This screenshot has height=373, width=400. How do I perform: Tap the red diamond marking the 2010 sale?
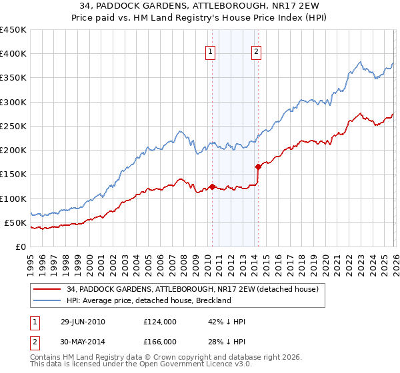212,186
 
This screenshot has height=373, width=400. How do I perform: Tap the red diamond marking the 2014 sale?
258,167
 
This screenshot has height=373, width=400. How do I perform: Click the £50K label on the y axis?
16,222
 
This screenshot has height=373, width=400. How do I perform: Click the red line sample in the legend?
48,289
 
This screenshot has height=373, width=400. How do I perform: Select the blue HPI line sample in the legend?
48,300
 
